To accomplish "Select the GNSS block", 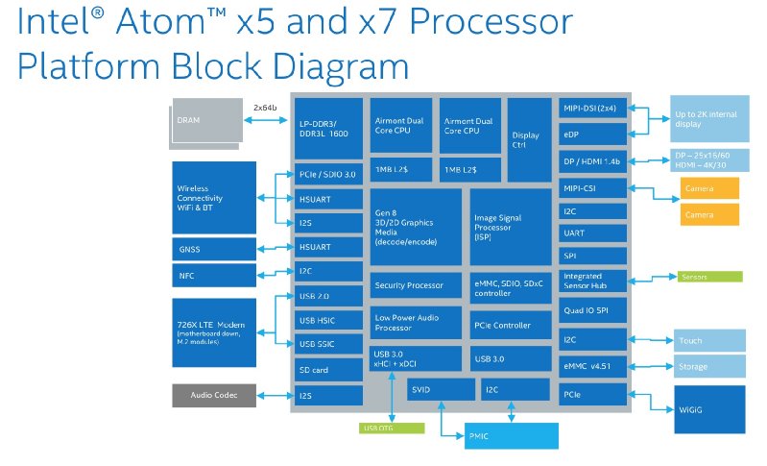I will [215, 248].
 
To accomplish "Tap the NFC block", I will [215, 276].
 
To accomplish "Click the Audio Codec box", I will [215, 395].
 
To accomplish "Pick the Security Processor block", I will [415, 285].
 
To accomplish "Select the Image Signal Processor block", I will [510, 227].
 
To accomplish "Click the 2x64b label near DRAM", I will [266, 107].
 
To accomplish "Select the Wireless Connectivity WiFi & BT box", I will [215, 197].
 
